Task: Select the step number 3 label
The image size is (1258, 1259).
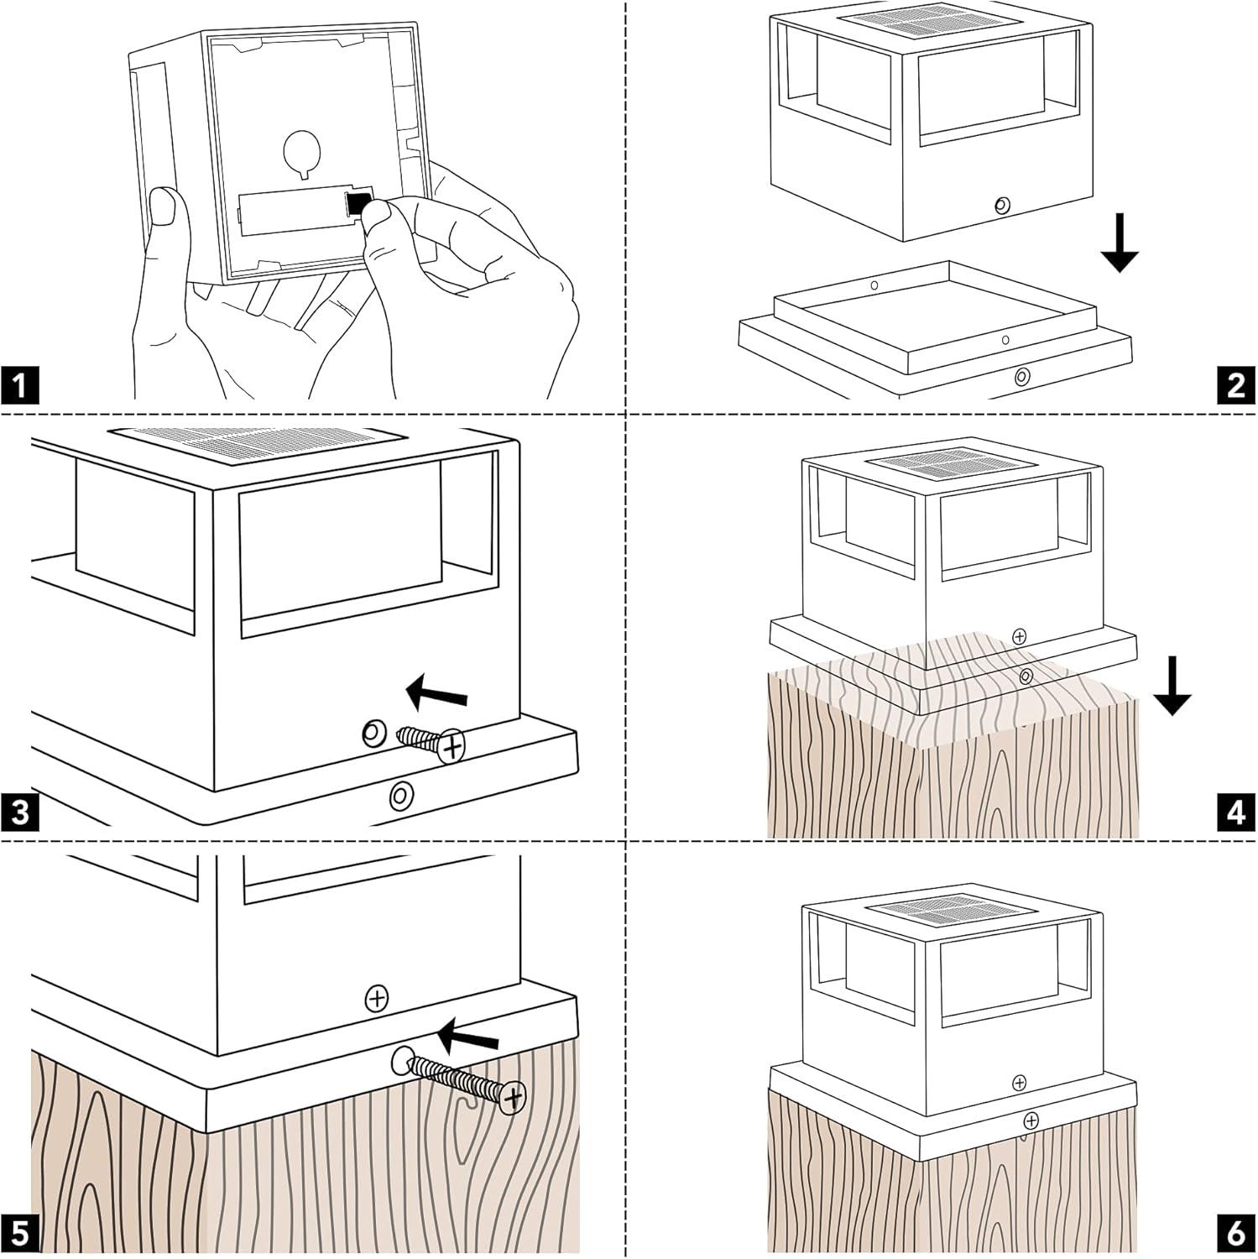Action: point(20,812)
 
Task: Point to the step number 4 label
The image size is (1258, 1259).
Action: point(1236,812)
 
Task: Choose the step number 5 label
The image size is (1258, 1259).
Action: point(20,1234)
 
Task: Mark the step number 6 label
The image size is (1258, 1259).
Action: point(1236,1234)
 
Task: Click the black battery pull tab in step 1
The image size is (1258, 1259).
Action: point(358,202)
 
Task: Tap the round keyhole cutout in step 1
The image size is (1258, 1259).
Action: point(302,151)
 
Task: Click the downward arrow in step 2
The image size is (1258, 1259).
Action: point(1120,243)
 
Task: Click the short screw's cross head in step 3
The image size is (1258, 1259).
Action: point(452,744)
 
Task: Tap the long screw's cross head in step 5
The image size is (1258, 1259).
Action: point(512,1096)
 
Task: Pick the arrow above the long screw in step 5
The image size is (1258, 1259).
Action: point(468,1038)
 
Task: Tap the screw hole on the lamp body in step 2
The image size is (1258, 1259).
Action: point(1000,205)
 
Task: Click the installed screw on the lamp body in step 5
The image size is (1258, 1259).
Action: point(377,999)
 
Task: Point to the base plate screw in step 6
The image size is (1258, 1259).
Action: point(1031,1121)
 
